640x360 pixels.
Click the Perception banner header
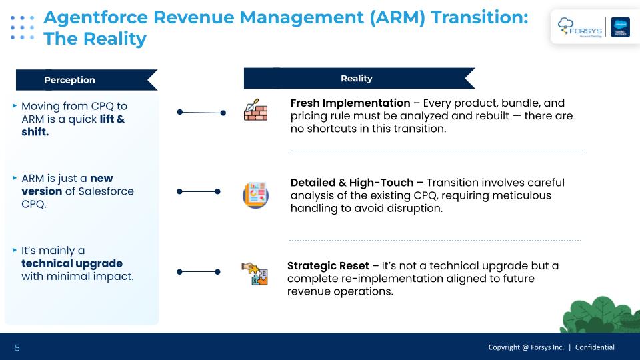tap(87, 80)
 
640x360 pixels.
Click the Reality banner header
tap(359, 79)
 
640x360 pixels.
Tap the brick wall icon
tap(255, 110)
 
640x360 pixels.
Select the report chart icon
tap(255, 195)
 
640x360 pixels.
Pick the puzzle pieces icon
tap(255, 273)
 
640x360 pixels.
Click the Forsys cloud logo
tap(579, 27)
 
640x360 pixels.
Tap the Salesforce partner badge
tap(620, 27)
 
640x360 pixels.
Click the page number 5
tap(17, 348)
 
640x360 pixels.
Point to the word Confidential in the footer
tap(595, 347)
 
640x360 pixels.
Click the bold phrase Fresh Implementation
tap(350, 103)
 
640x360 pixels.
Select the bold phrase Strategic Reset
tap(328, 266)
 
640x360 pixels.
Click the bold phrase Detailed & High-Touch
tap(352, 183)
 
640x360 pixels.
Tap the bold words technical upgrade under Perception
tap(72, 264)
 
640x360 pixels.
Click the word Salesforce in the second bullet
tap(106, 191)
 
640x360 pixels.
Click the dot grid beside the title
tap(22, 28)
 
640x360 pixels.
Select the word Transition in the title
tap(479, 17)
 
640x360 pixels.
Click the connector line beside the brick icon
tap(201, 112)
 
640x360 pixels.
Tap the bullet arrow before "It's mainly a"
tap(15, 250)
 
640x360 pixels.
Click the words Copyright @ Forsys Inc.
tap(526, 347)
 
